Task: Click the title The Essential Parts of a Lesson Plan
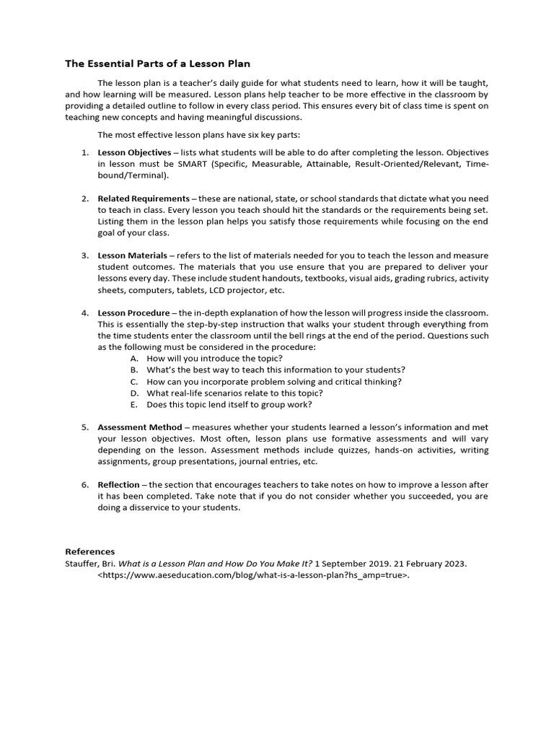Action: [x=158, y=64]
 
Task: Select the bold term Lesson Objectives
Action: [x=134, y=153]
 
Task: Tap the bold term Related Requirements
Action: [x=143, y=198]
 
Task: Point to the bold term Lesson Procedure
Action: [x=133, y=312]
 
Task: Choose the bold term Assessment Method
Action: [x=139, y=427]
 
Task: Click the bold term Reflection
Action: [x=118, y=485]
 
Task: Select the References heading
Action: [x=89, y=552]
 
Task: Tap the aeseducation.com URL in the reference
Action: [x=253, y=576]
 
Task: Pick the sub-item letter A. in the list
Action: [x=134, y=359]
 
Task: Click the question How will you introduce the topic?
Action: [x=214, y=359]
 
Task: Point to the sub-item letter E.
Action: [x=134, y=405]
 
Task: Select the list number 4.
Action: [x=84, y=312]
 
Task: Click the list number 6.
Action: [x=84, y=485]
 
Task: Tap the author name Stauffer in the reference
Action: [x=82, y=564]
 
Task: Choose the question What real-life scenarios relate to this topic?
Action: [x=234, y=393]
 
